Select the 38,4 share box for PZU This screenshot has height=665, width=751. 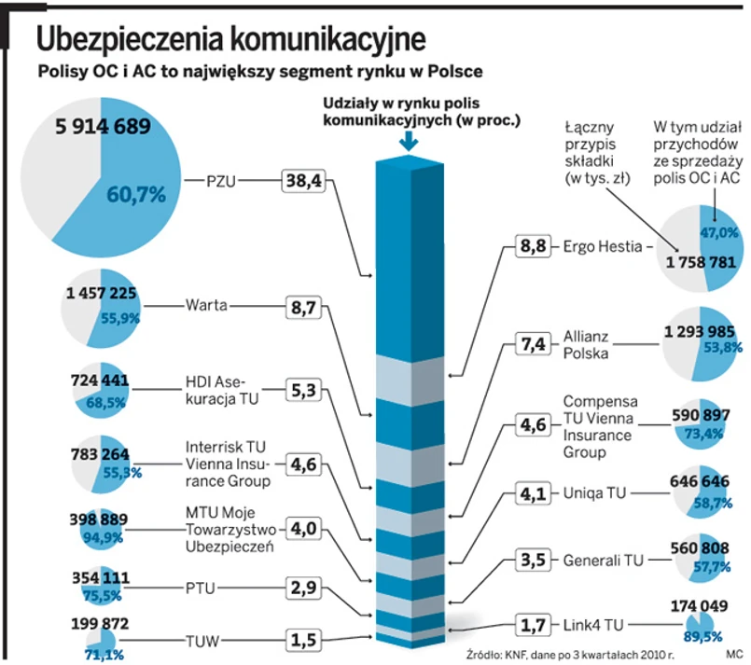pyautogui.click(x=302, y=181)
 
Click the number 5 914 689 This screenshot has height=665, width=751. pyautogui.click(x=90, y=126)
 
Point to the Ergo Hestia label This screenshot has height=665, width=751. pyautogui.click(x=603, y=247)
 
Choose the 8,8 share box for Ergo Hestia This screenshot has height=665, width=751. pyautogui.click(x=534, y=247)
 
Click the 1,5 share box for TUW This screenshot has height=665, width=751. pyautogui.click(x=302, y=641)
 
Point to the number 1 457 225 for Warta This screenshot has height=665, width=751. pyautogui.click(x=103, y=295)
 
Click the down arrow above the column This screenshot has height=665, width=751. pyautogui.click(x=407, y=141)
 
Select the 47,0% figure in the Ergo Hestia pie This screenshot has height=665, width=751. pyautogui.click(x=719, y=232)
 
